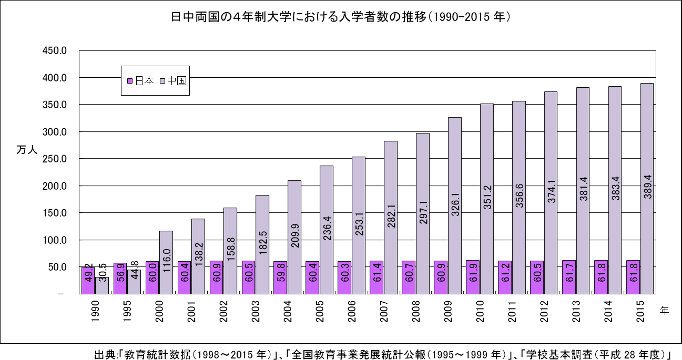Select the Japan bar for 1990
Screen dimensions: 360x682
click(88, 281)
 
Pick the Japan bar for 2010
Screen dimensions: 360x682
click(473, 277)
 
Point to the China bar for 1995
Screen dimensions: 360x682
click(134, 282)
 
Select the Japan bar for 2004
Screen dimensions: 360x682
click(280, 277)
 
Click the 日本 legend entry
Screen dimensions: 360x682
click(141, 81)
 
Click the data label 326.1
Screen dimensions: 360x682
click(455, 214)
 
